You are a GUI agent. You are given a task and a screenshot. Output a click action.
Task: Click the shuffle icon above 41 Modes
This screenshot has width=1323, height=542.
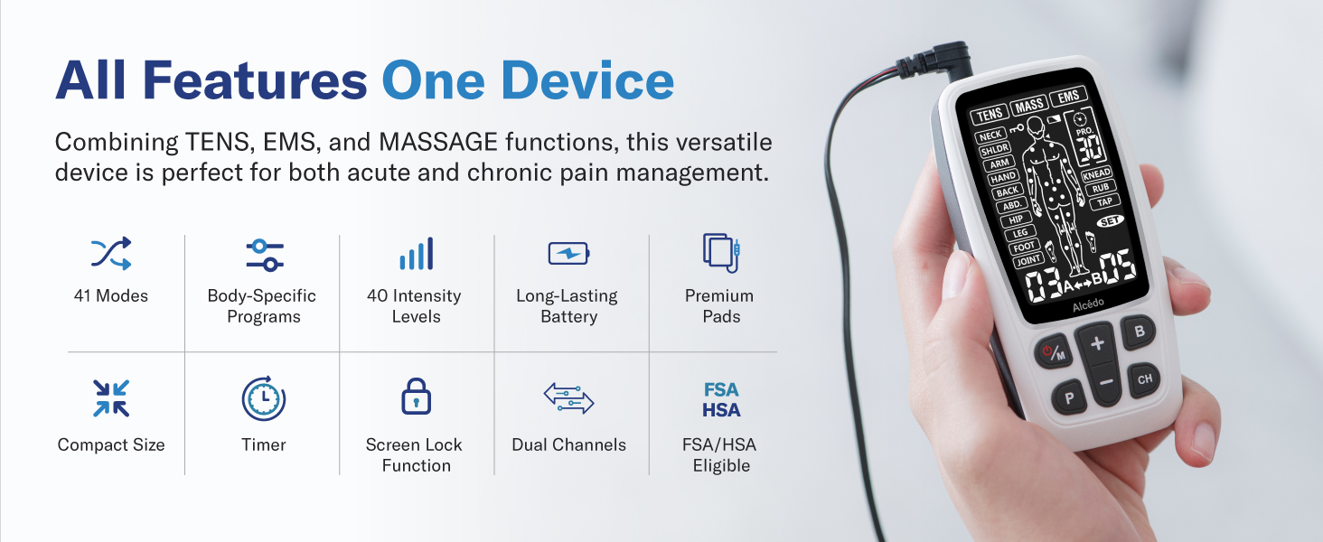point(111,254)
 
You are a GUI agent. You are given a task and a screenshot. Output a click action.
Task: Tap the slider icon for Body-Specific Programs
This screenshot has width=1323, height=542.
point(265,255)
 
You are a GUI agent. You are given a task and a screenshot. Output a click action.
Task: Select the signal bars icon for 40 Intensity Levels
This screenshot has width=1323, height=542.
point(416,254)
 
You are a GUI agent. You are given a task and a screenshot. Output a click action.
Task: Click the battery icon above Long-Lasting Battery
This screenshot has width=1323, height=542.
point(568,254)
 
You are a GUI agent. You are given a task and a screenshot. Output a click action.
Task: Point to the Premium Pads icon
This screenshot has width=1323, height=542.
point(721,252)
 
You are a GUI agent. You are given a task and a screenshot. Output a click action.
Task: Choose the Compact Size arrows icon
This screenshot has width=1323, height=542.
point(111,398)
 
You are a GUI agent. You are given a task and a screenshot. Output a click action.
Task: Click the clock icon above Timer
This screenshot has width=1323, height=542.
point(264,398)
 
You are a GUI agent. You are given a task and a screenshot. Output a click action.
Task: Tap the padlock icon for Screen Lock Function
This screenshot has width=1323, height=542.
point(416,397)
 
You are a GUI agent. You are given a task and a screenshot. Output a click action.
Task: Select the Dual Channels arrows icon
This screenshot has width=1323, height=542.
point(568,398)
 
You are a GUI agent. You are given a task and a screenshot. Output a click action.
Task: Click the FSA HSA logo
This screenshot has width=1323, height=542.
point(721,400)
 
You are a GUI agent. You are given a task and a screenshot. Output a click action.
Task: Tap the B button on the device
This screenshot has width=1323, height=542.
point(1140,332)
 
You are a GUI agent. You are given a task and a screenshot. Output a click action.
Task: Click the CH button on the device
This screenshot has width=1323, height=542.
point(1145,379)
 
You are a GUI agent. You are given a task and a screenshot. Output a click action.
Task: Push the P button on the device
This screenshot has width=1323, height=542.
point(1070,397)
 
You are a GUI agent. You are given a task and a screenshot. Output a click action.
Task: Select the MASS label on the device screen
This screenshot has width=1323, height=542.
point(1029,106)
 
